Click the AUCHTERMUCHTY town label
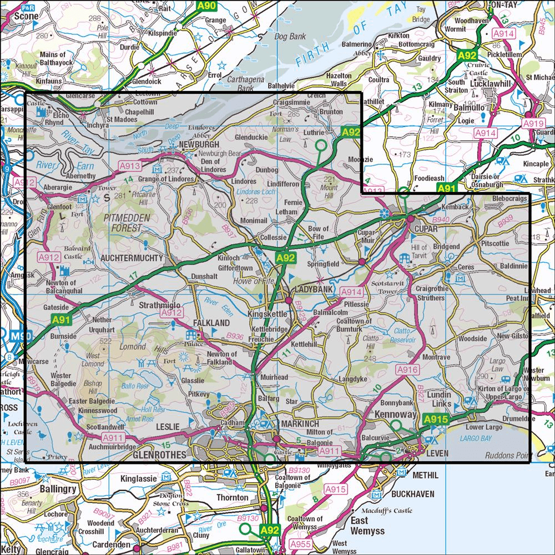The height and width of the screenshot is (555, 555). (132, 258)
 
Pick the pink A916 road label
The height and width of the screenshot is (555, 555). (406, 369)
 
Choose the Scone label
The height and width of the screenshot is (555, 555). (26, 16)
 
